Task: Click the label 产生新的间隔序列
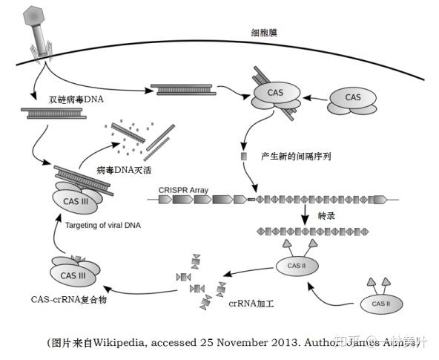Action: tap(296, 157)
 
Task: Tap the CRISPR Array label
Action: tap(183, 190)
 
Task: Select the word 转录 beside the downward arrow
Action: tap(327, 215)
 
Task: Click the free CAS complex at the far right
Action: tap(353, 100)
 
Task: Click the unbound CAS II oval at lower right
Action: tap(380, 303)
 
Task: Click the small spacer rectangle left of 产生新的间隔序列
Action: tap(242, 157)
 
